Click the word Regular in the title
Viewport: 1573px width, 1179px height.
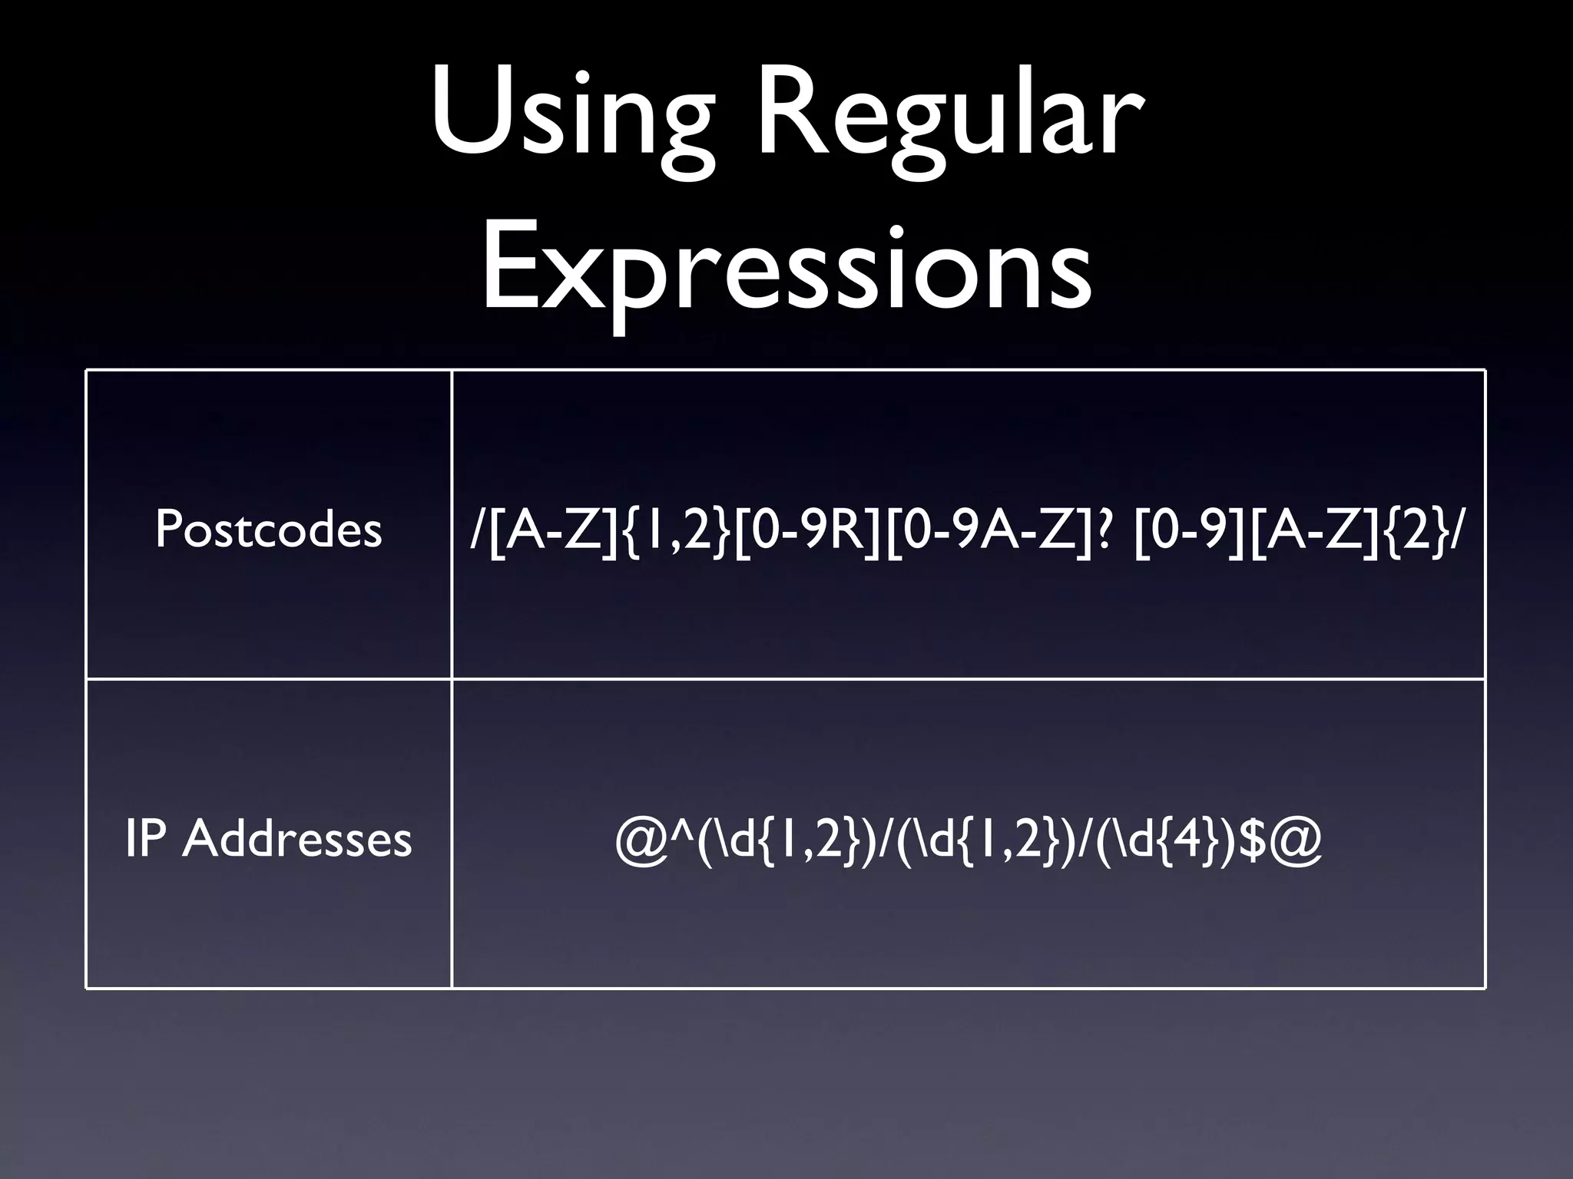[948, 115]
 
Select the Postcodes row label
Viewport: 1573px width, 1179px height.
[268, 530]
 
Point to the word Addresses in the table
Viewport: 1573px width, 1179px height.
[297, 838]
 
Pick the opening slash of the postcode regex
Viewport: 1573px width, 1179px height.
[477, 530]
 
